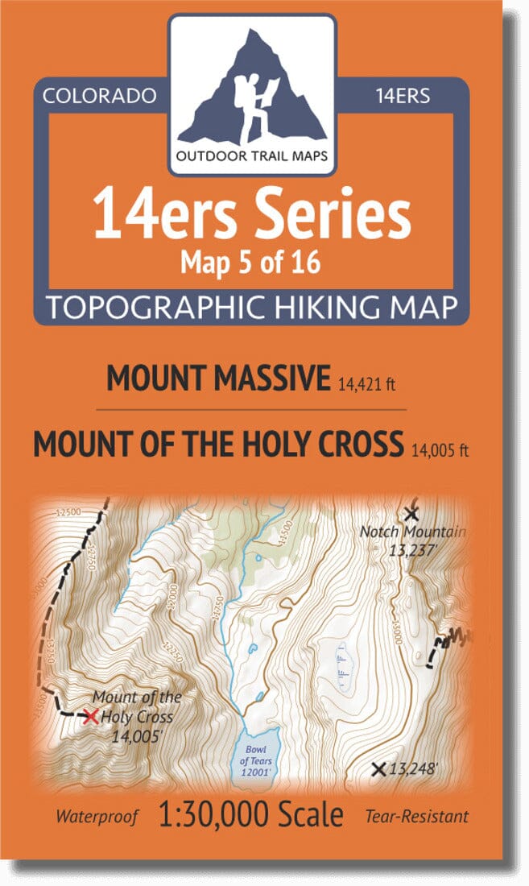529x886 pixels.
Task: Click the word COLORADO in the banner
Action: click(99, 97)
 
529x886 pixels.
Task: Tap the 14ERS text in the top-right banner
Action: click(403, 97)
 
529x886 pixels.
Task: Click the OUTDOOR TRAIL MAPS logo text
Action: click(252, 156)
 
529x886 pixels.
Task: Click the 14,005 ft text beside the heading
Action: click(439, 448)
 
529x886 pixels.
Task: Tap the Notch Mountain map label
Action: click(413, 532)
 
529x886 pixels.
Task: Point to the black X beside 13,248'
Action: click(378, 769)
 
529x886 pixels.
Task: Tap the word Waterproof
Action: click(97, 816)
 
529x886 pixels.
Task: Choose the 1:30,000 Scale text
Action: click(251, 814)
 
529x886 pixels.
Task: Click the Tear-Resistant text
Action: click(416, 816)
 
